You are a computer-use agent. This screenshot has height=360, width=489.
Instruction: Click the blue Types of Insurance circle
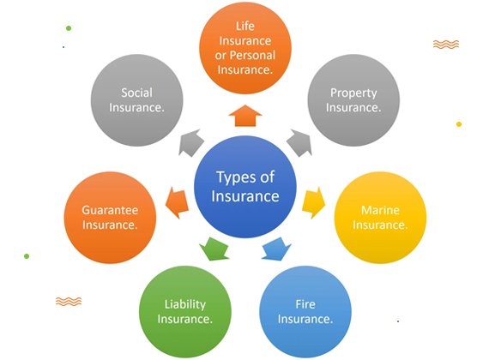click(x=245, y=187)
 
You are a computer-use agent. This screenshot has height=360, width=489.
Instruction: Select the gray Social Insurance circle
click(x=137, y=100)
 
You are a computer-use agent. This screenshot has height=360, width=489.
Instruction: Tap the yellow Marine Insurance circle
click(x=380, y=218)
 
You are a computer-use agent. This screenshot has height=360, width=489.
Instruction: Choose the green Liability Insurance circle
click(x=185, y=311)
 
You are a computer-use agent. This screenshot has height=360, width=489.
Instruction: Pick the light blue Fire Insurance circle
click(x=305, y=311)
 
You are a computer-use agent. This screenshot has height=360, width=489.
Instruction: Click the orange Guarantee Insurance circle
click(x=110, y=218)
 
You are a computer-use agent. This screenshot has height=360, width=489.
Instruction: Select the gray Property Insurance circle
click(x=353, y=100)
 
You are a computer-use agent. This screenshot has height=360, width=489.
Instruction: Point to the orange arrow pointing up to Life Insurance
click(x=245, y=116)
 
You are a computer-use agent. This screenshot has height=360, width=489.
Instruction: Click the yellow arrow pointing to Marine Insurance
click(x=314, y=203)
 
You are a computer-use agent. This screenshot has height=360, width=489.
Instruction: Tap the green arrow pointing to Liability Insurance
click(x=214, y=249)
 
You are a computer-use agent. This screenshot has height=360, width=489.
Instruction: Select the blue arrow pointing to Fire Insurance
click(x=276, y=249)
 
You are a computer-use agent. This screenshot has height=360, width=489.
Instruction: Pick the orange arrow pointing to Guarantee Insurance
click(x=177, y=203)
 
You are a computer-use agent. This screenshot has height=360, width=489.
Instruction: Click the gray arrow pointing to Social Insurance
click(x=190, y=142)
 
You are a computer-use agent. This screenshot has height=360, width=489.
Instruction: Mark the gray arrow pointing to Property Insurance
click(x=299, y=142)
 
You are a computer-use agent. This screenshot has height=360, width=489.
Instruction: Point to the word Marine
click(x=380, y=210)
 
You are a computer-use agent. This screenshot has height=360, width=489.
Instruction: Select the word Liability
click(x=185, y=304)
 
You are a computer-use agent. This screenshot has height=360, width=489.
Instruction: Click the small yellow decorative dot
click(x=459, y=124)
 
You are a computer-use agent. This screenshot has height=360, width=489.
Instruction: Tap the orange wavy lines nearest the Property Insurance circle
click(x=446, y=45)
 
